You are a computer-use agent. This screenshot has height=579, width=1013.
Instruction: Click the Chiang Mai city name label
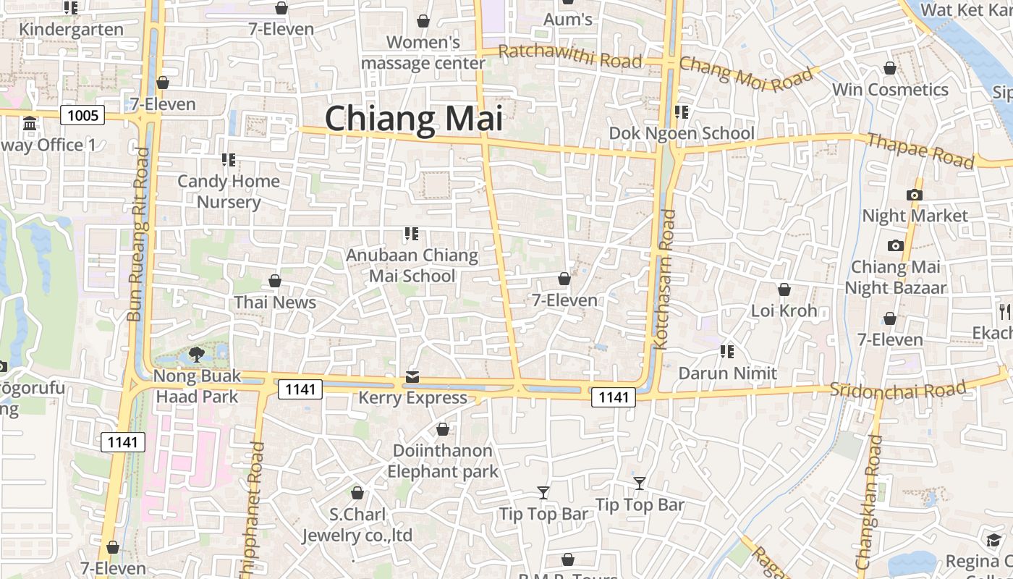(413, 119)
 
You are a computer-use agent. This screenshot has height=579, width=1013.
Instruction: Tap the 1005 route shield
(83, 114)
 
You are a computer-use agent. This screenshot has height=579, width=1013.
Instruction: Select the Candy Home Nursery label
(229, 191)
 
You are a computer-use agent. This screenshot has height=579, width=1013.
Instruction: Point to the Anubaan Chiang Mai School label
(412, 265)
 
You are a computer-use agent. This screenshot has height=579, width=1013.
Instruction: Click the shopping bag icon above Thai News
(275, 281)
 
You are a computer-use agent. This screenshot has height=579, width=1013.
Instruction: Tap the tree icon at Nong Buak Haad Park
(196, 354)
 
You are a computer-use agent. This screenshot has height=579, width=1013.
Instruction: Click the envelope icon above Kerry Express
(412, 376)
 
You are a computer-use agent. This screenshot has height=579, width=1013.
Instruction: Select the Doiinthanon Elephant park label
(442, 461)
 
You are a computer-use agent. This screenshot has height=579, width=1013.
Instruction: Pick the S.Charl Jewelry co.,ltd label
(357, 525)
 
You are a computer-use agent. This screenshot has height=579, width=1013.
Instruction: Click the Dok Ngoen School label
(682, 133)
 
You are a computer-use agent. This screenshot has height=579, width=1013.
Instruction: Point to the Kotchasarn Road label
(665, 279)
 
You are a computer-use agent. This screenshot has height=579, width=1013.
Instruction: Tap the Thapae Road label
(920, 151)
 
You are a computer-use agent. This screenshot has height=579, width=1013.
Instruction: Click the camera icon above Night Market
(915, 195)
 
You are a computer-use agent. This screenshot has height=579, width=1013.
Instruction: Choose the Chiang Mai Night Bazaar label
(896, 277)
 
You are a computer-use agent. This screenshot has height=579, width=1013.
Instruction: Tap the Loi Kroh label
(784, 310)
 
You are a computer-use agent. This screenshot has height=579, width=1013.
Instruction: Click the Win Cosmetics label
(890, 90)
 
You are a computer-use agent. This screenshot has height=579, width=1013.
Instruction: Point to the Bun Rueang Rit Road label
(137, 234)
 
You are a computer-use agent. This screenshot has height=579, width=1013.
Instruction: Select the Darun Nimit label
(727, 373)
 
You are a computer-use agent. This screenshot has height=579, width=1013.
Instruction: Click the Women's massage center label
(423, 53)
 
